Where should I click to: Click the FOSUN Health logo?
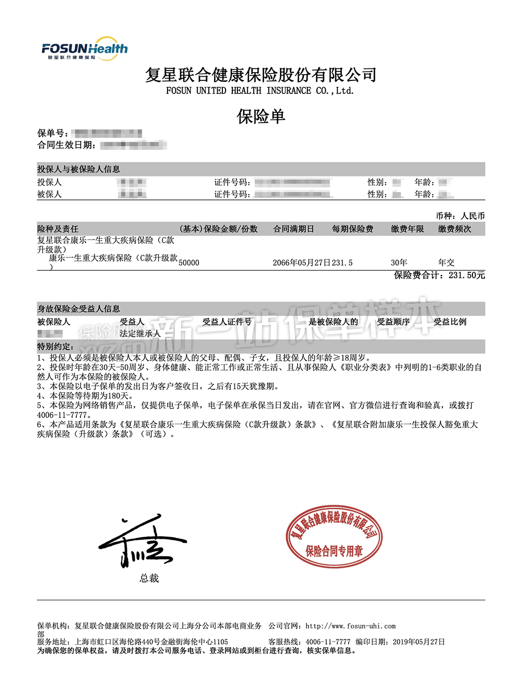pyautogui.click(x=85, y=49)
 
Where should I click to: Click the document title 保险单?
pyautogui.click(x=261, y=116)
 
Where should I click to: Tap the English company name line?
pyautogui.click(x=260, y=91)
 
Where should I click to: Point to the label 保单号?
pyautogui.click(x=53, y=134)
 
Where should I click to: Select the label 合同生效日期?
pyautogui.click(x=66, y=145)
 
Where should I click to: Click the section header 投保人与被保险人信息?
pyautogui.click(x=78, y=169)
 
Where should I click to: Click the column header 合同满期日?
pyautogui.click(x=293, y=229)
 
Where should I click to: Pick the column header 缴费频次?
pyautogui.click(x=454, y=229)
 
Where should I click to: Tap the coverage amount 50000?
pyautogui.click(x=188, y=263)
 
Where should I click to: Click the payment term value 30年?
pyautogui.click(x=399, y=263)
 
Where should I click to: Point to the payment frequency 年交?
pyautogui.click(x=446, y=263)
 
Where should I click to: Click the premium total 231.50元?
pyautogui.click(x=467, y=275)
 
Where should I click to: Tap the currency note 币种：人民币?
pyautogui.click(x=460, y=216)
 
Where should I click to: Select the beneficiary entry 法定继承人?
pyautogui.click(x=140, y=334)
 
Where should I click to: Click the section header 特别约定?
pyautogui.click(x=55, y=347)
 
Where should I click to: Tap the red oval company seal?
pyautogui.click(x=334, y=537)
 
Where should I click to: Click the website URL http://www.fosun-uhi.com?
pyautogui.click(x=350, y=626)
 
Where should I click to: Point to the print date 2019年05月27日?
pyautogui.click(x=419, y=641)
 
